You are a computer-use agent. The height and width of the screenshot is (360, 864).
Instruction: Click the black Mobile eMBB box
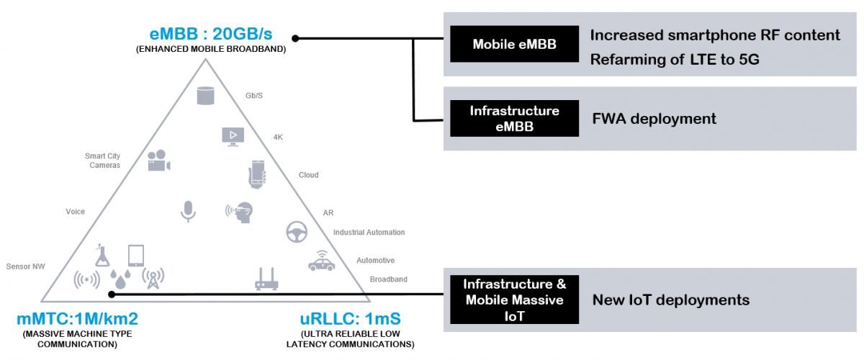514,45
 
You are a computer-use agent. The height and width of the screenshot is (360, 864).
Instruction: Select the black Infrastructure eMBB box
514,118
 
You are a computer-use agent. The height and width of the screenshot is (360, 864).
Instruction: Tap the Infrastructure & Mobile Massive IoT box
514,299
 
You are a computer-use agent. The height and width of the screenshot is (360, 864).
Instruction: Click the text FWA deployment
654,119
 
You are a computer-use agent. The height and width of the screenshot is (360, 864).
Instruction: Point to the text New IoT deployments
670,300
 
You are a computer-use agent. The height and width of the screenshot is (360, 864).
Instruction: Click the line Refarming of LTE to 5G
674,60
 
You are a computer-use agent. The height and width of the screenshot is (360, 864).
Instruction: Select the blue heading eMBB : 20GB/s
211,34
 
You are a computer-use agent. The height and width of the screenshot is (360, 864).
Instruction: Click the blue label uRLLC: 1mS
350,318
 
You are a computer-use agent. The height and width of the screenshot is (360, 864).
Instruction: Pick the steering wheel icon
299,233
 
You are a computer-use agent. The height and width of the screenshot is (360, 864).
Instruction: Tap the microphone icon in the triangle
188,210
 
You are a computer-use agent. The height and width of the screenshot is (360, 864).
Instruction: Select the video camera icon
158,161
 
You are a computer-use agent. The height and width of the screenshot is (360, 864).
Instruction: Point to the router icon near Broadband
266,279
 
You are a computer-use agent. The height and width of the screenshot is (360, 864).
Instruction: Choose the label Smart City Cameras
102,161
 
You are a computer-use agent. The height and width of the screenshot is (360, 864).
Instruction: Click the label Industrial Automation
369,233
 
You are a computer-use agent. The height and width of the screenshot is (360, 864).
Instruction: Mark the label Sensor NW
25,266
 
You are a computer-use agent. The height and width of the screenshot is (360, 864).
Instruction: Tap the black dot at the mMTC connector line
111,294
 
